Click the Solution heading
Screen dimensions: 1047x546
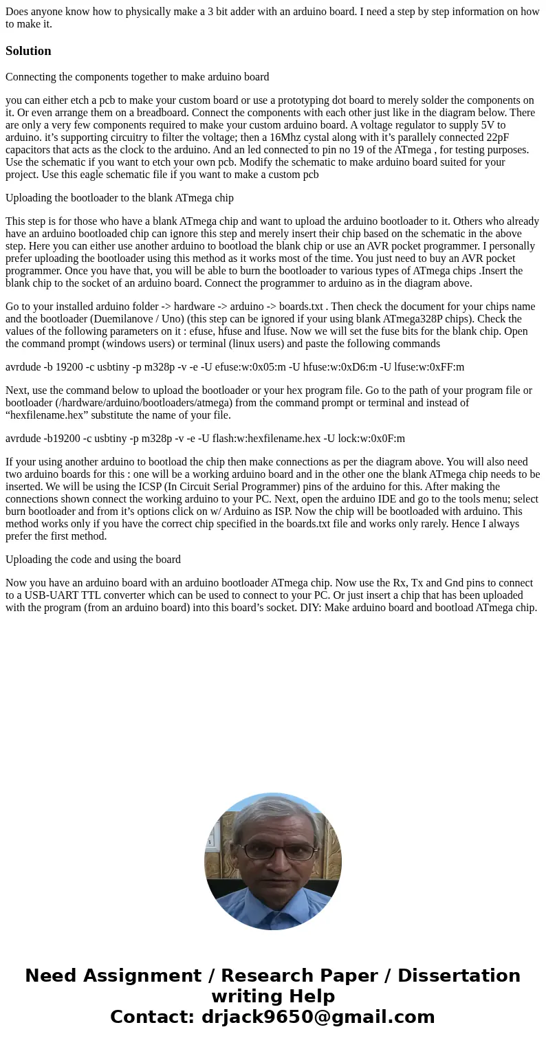tap(28, 51)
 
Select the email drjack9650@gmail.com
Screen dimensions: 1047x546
tap(318, 1017)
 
